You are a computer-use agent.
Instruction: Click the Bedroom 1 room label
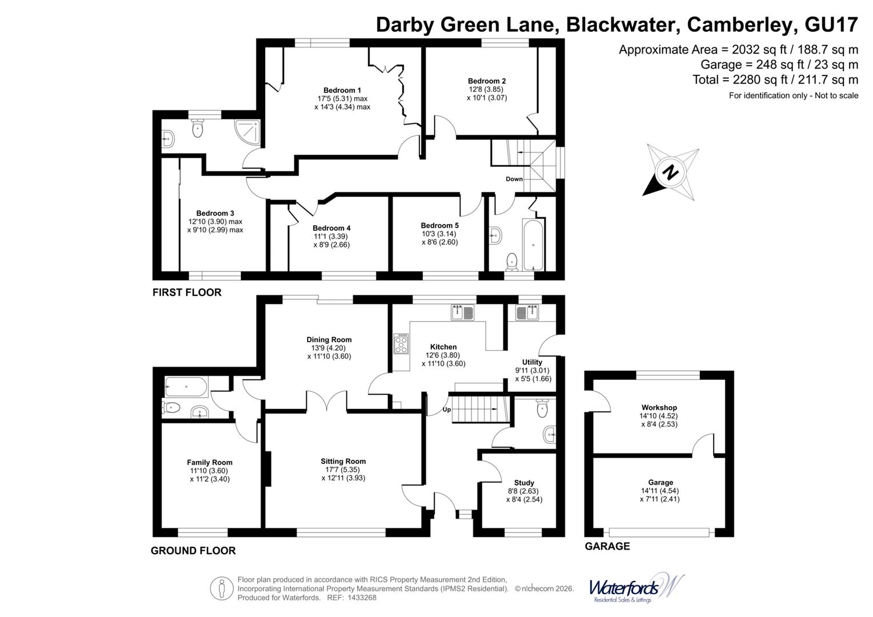[x=342, y=90]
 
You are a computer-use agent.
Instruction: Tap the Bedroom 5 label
[x=439, y=226]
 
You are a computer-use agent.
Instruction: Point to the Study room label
[x=524, y=483]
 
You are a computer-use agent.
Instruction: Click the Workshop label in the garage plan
[x=658, y=408]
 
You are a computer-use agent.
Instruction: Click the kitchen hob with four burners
[x=401, y=344]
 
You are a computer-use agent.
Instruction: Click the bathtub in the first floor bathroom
[x=533, y=245]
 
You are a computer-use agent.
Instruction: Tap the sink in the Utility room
[x=527, y=313]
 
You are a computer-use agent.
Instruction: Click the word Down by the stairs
[x=514, y=179]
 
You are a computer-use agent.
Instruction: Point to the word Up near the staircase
[x=447, y=410]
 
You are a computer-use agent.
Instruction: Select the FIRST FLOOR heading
[x=186, y=293]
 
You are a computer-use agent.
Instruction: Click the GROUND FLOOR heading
[x=193, y=551]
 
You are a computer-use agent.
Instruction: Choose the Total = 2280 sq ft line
[x=775, y=80]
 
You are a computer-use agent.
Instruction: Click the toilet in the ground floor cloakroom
[x=542, y=408]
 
